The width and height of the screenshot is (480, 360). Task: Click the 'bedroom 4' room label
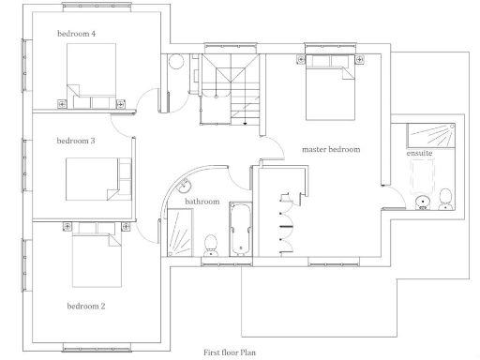[76, 34]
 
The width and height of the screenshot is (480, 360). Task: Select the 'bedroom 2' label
[85, 306]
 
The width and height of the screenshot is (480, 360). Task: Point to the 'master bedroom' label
[330, 149]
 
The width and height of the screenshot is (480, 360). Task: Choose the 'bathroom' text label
[202, 202]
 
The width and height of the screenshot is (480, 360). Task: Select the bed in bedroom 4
[90, 73]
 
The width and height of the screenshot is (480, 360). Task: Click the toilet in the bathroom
[211, 243]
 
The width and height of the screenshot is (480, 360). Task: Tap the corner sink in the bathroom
[187, 187]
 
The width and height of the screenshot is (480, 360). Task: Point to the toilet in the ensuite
[446, 199]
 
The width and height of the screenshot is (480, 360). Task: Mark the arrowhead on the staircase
[246, 121]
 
